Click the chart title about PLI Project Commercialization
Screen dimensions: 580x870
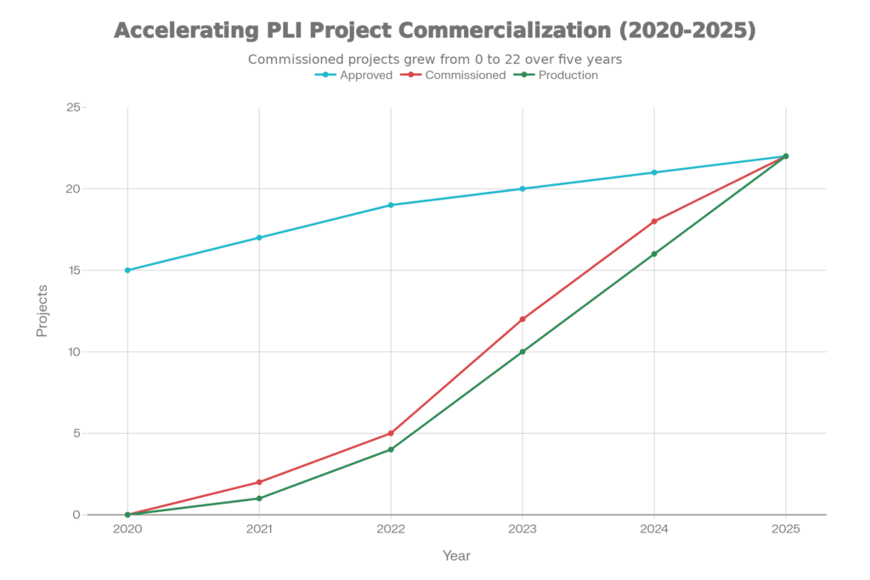(434, 31)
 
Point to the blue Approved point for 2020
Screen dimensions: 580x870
(127, 270)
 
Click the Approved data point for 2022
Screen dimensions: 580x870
(391, 205)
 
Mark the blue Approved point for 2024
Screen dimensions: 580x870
(653, 172)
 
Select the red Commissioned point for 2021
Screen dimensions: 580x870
(259, 481)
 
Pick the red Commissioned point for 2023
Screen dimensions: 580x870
(522, 318)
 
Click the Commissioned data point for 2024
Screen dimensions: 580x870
(653, 221)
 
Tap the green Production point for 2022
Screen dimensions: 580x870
(391, 449)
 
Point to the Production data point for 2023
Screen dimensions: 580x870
(522, 352)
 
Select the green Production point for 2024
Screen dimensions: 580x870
(653, 254)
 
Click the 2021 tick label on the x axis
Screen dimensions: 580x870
(259, 529)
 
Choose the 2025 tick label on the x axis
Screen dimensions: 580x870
(785, 529)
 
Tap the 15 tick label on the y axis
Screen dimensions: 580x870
(76, 270)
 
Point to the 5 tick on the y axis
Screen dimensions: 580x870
(76, 433)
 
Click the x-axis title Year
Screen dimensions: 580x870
(456, 556)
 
